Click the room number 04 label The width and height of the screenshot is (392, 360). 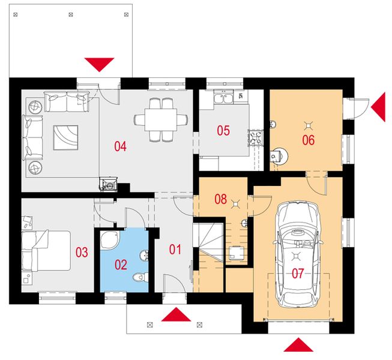click(x=120, y=146)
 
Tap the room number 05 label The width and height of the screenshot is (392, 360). click(x=223, y=131)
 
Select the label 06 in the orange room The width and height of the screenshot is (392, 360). click(x=308, y=140)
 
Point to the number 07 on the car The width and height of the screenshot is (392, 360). click(x=298, y=274)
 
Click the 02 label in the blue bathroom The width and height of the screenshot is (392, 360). click(x=121, y=265)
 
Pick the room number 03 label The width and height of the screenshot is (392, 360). click(x=82, y=253)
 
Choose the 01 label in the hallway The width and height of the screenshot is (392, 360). click(x=175, y=250)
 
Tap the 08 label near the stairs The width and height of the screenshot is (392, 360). click(x=220, y=199)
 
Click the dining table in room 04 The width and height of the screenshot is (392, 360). click(x=161, y=119)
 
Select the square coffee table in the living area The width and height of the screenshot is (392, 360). click(x=65, y=137)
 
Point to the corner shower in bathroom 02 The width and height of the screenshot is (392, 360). click(x=110, y=240)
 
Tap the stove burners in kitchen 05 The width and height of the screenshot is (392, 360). click(x=255, y=137)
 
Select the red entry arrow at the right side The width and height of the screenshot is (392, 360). click(x=378, y=107)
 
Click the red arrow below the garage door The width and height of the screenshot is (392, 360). click(x=298, y=345)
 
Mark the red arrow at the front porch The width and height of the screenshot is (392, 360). click(x=176, y=314)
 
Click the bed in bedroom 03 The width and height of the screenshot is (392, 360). click(x=46, y=251)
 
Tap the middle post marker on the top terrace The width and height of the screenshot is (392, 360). click(x=71, y=15)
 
